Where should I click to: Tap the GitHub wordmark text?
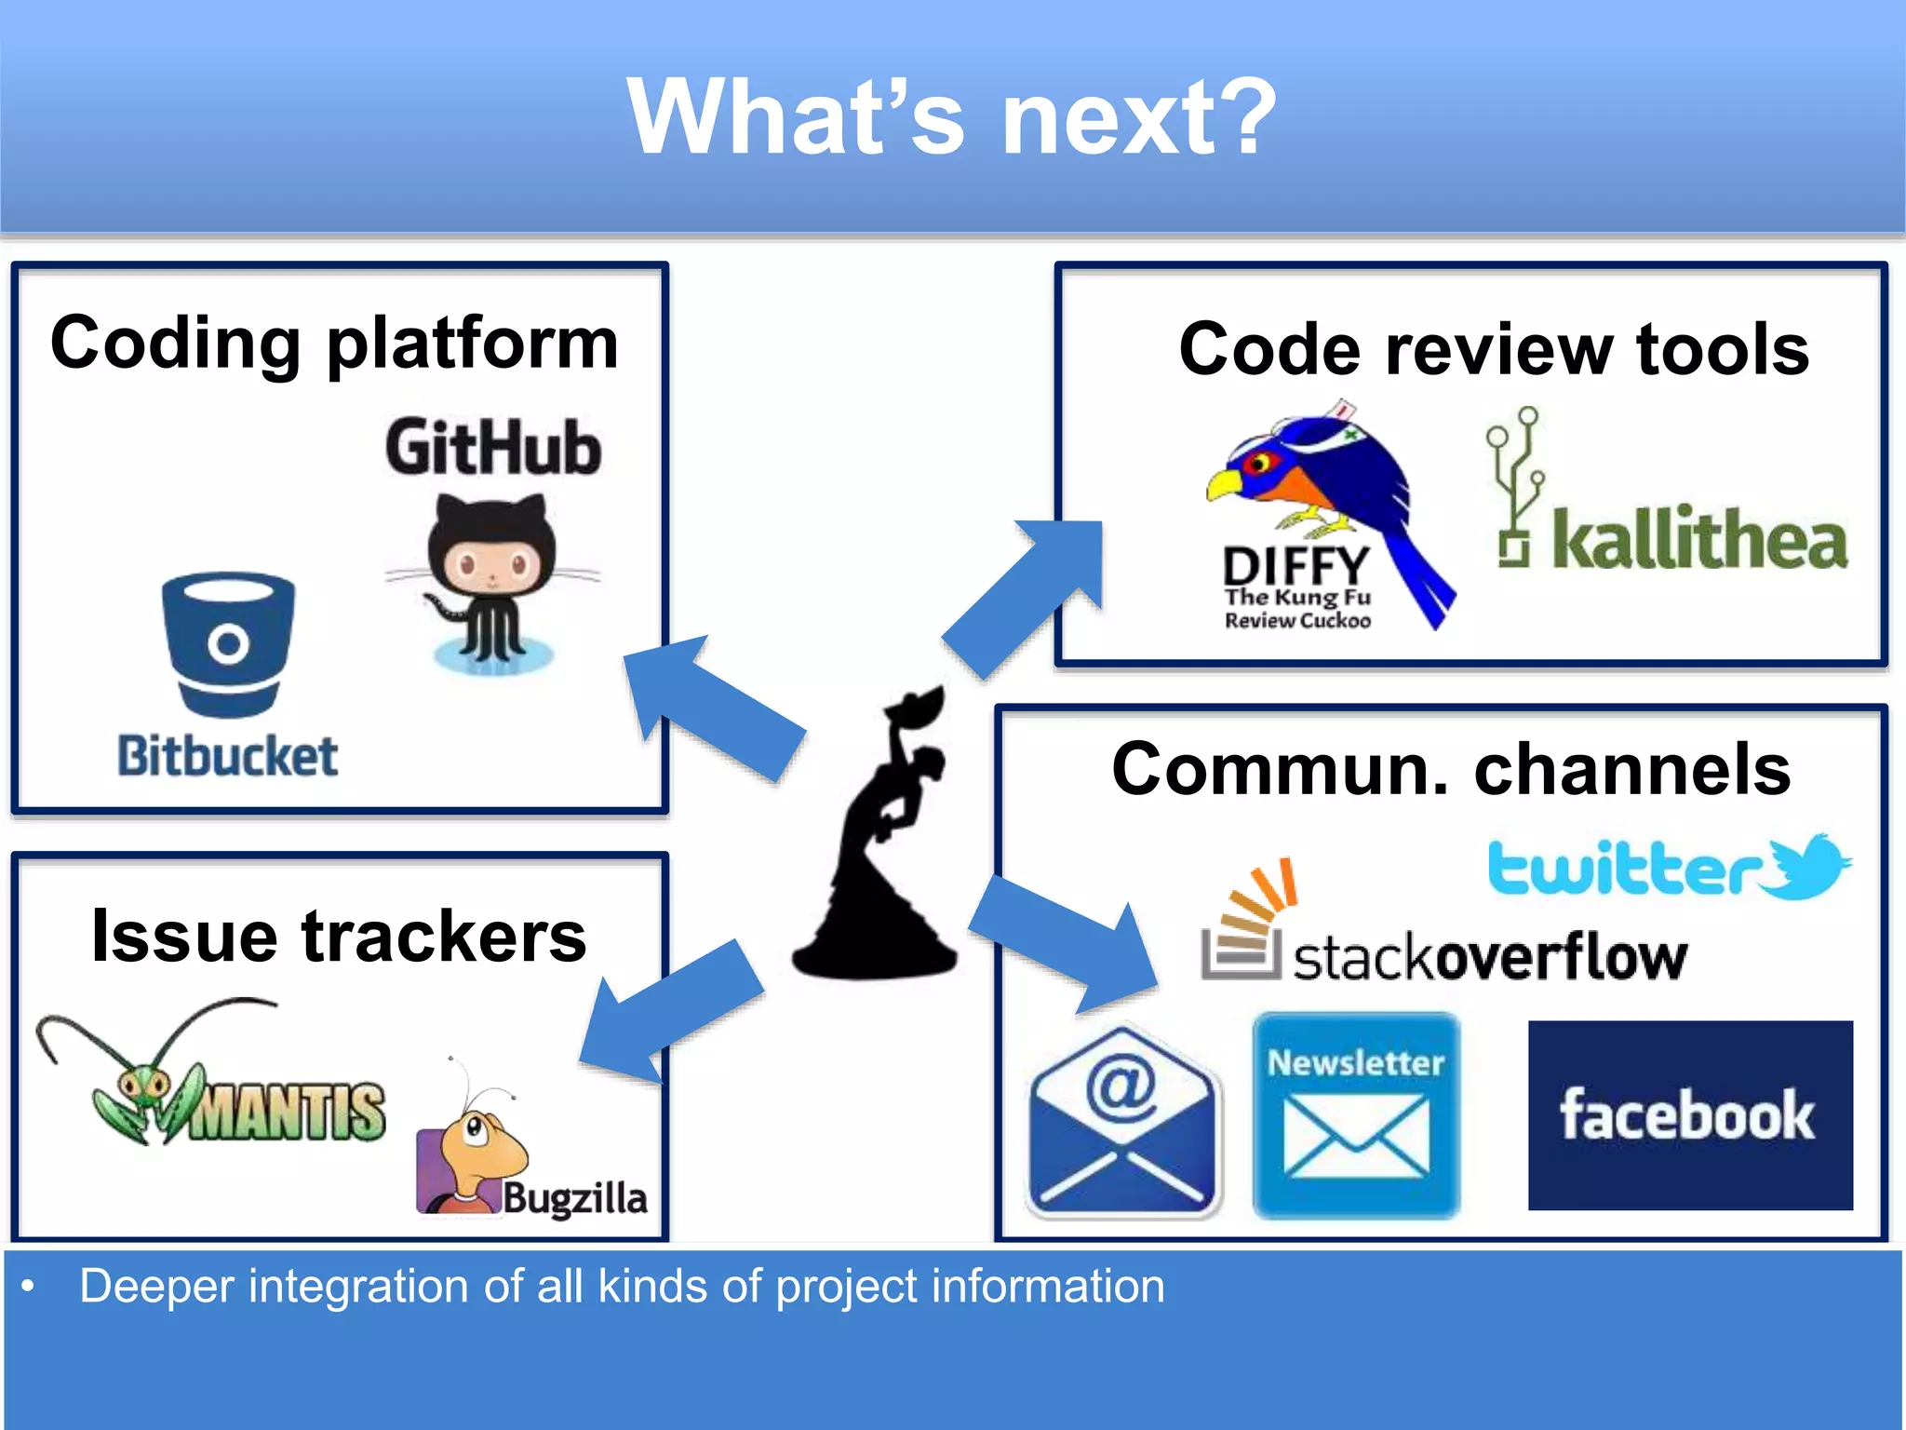click(x=493, y=449)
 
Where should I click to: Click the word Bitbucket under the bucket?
click(x=227, y=756)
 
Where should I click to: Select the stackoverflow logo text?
click(x=1489, y=957)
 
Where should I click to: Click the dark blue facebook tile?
click(x=1689, y=1115)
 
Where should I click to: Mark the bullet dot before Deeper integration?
click(x=29, y=1288)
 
